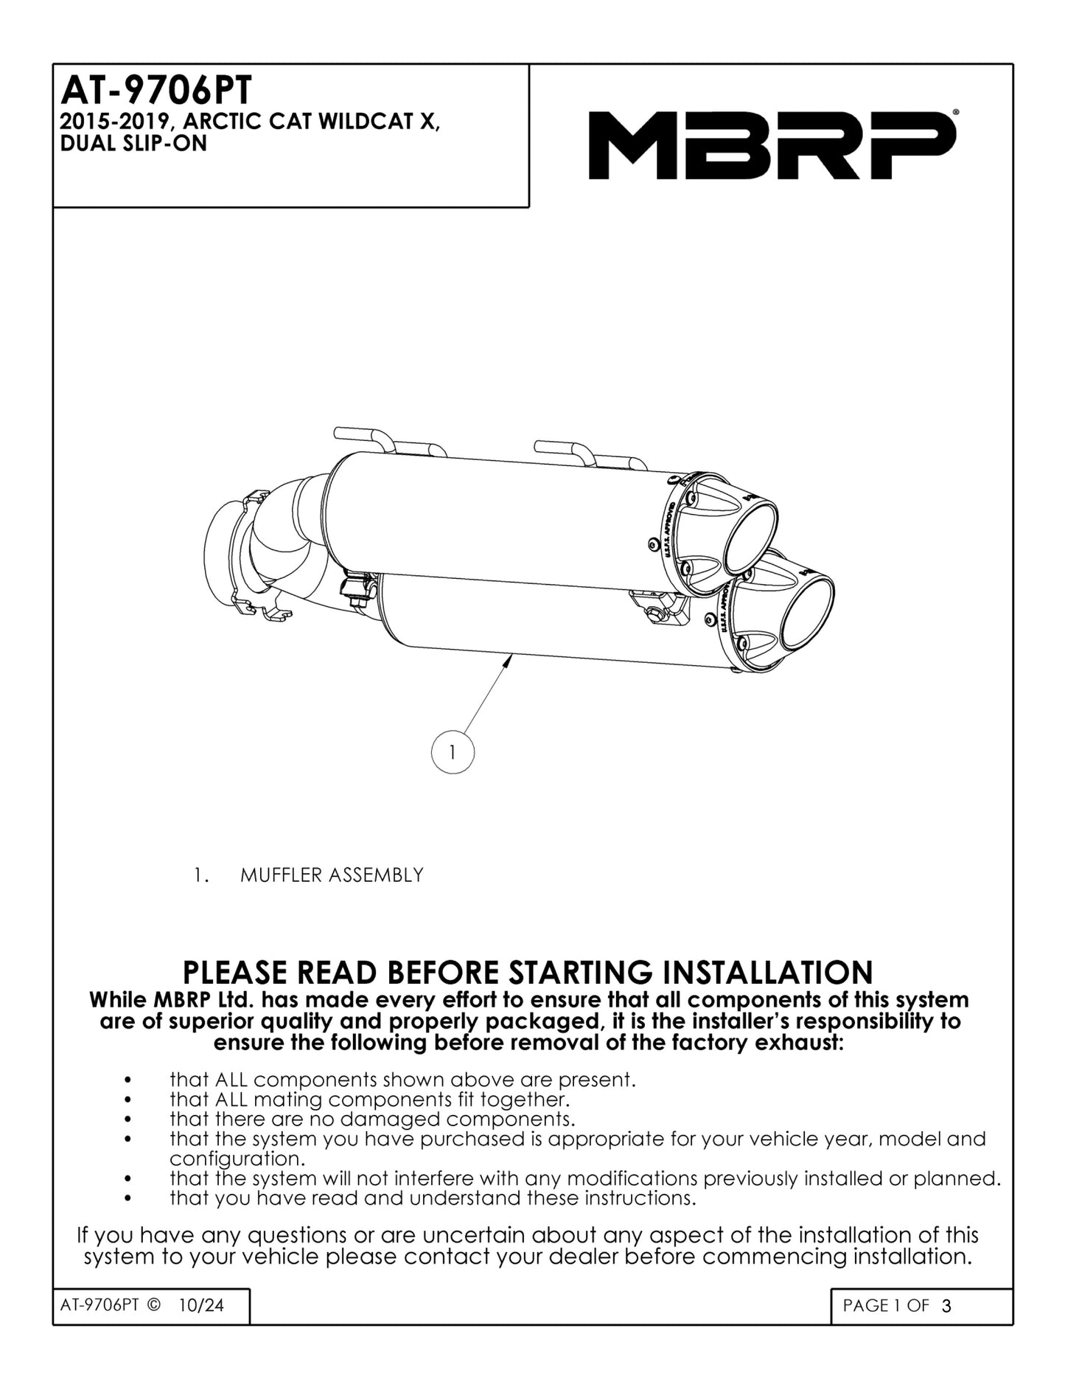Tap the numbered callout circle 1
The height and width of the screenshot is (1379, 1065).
(452, 752)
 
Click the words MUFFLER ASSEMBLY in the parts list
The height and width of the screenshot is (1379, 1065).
(332, 875)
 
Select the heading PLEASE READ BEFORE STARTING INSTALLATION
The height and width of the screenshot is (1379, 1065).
(527, 972)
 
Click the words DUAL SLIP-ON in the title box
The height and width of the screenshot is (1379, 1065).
(133, 144)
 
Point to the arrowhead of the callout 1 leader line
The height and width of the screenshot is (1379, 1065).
(507, 662)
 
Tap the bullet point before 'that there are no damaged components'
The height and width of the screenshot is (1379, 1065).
(128, 1120)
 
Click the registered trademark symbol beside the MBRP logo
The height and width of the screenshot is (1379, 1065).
(956, 111)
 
